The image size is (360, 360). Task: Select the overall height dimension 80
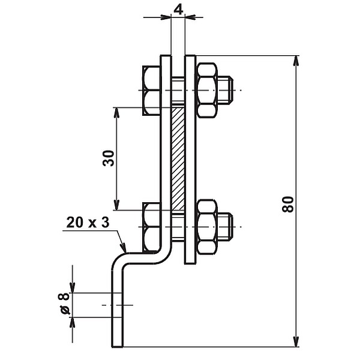click(x=289, y=203)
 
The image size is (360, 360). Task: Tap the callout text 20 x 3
click(x=88, y=223)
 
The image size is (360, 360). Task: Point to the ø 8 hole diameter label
click(x=64, y=304)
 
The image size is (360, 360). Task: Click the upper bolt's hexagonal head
click(x=151, y=91)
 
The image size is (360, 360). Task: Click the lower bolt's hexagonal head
click(x=151, y=227)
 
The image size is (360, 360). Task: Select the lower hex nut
click(x=206, y=227)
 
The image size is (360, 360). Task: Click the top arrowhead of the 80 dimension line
click(x=296, y=62)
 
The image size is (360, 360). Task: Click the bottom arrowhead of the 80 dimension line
click(x=296, y=341)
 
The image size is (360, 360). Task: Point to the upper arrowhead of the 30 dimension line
click(x=117, y=113)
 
